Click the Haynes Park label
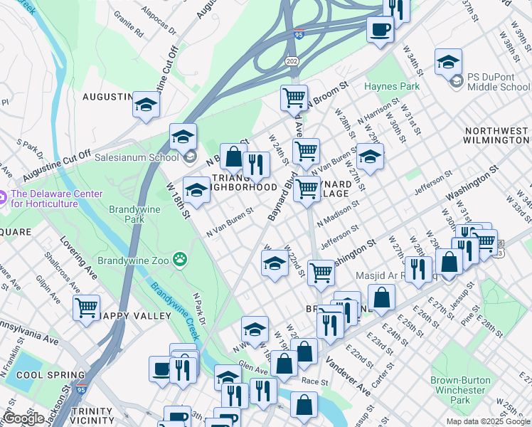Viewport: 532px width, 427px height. point(392,86)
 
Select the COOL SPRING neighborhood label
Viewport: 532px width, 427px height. point(41,375)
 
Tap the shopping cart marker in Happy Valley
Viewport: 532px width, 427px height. point(86,308)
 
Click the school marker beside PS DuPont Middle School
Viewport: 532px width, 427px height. point(449,62)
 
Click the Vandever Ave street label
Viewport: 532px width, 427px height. point(349,376)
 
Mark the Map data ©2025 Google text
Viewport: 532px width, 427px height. point(487,421)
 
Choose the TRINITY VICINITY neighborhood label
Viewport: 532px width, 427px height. point(92,416)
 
